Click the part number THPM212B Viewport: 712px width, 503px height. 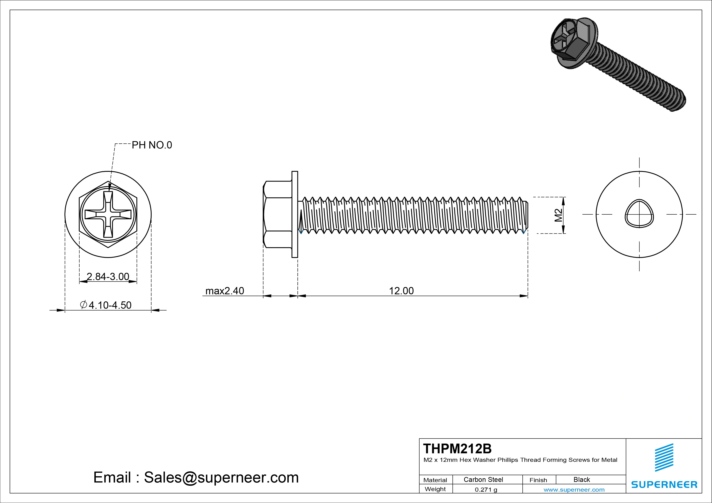point(457,448)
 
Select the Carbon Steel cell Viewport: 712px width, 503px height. point(483,479)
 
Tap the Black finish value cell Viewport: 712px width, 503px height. point(581,479)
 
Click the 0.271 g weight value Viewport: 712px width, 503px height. point(486,490)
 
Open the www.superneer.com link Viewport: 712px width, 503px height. point(574,490)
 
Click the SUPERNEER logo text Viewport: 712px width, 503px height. point(664,484)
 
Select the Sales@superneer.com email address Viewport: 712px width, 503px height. point(221,477)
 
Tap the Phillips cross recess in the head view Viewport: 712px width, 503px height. point(108,214)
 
